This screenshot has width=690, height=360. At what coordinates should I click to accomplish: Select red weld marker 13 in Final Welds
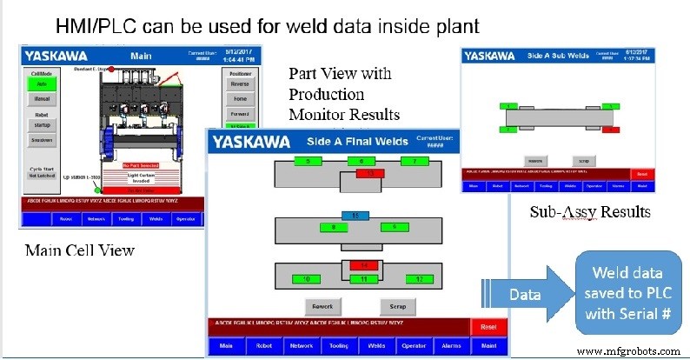tap(369, 174)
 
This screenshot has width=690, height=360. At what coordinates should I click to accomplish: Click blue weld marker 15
tap(350, 214)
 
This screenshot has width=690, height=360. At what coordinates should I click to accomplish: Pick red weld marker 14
tap(365, 264)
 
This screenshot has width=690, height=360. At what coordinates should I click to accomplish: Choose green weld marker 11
tap(363, 278)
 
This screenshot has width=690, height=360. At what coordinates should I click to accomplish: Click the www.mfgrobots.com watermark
tap(632, 350)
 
